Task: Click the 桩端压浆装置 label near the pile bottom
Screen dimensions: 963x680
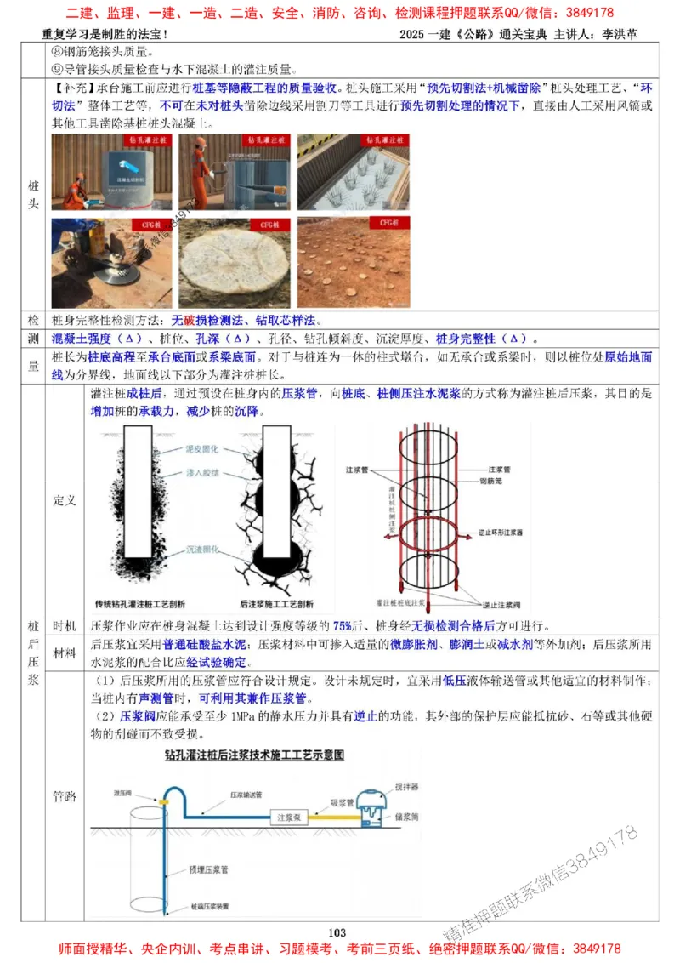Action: tap(210, 907)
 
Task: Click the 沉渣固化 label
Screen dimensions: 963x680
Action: tap(202, 550)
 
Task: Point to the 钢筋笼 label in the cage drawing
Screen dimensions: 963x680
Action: tap(499, 481)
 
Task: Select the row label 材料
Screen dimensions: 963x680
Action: tap(65, 653)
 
